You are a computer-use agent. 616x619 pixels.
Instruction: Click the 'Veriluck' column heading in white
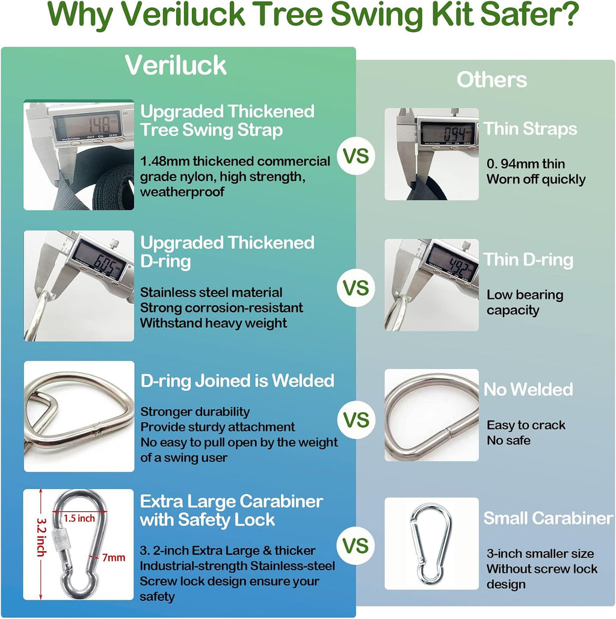pos(176,65)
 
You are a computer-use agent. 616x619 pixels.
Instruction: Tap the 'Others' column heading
pos(491,80)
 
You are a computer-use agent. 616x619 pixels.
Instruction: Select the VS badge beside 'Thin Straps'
pos(356,156)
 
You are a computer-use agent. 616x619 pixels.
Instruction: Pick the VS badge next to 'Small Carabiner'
pos(356,546)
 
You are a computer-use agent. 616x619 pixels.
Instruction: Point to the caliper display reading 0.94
pos(446,132)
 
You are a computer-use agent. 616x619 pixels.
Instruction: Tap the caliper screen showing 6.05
pos(99,260)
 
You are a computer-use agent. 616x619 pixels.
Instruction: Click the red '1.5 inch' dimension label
pos(79,519)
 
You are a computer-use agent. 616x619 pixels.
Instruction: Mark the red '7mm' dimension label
pos(114,558)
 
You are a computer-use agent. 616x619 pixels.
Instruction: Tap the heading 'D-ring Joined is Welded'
pos(238,381)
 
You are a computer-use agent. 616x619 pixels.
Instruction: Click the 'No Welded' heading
pos(528,390)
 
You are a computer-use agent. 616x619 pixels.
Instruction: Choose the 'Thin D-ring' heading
pos(528,260)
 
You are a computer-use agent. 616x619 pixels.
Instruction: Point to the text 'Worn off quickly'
pos(536,179)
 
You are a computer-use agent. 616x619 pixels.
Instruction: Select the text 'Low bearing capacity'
pos(525,303)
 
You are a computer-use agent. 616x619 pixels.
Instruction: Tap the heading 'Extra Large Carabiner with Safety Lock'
pos(232,511)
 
